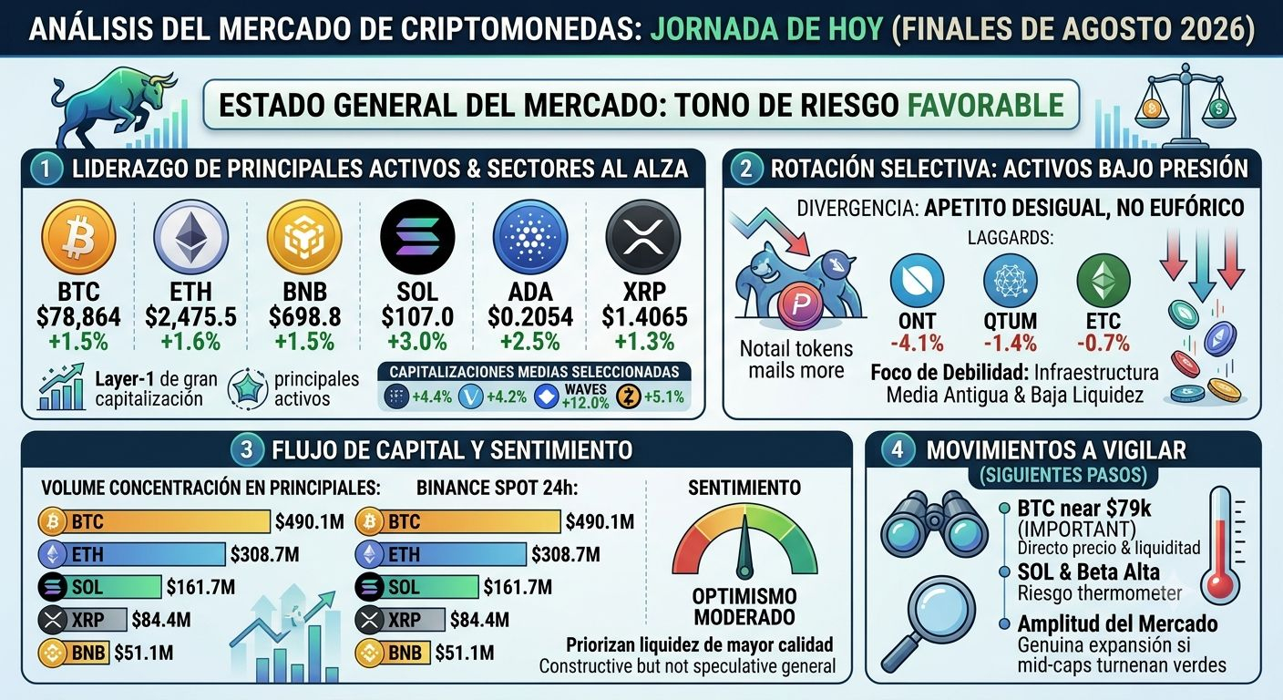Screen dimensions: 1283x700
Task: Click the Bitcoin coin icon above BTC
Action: pyautogui.click(x=78, y=237)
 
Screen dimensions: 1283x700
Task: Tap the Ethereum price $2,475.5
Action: pyautogui.click(x=190, y=317)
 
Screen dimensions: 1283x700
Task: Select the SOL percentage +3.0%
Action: pyautogui.click(x=417, y=342)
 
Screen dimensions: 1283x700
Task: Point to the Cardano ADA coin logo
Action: pyautogui.click(x=529, y=237)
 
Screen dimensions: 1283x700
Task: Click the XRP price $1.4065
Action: pyautogui.click(x=644, y=317)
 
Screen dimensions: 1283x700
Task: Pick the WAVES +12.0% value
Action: pyautogui.click(x=585, y=396)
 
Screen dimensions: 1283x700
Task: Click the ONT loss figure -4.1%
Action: pyautogui.click(x=917, y=343)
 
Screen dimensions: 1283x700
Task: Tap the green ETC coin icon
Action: pyautogui.click(x=1103, y=281)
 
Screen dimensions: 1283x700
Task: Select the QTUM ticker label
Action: pyautogui.click(x=1011, y=321)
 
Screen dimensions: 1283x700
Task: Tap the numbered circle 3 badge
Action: pyautogui.click(x=247, y=449)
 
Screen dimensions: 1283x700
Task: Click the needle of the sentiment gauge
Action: pyautogui.click(x=744, y=544)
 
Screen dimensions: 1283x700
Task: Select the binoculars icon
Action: pyautogui.click(x=934, y=525)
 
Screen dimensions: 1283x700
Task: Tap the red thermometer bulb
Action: pyautogui.click(x=1220, y=584)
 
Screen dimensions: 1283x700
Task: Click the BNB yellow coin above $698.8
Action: pyautogui.click(x=304, y=237)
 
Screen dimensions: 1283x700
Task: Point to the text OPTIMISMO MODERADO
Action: pyautogui.click(x=744, y=607)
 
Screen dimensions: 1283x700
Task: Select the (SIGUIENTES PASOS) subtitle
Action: pyautogui.click(x=1063, y=476)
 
